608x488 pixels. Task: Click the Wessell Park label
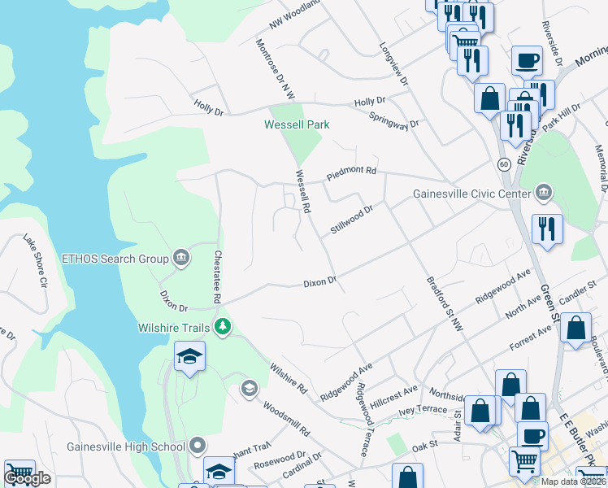point(297,124)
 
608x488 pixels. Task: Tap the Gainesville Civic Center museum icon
point(544,194)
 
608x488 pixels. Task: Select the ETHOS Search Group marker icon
point(181,259)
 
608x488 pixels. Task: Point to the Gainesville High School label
point(128,446)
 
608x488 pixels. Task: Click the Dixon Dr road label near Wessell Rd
point(319,282)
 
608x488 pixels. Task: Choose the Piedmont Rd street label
point(352,172)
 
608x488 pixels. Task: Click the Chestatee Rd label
point(217,277)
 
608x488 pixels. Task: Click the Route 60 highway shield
point(505,164)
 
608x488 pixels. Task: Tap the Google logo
point(27,478)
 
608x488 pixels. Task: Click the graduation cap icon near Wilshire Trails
point(189,356)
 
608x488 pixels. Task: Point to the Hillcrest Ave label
point(393,396)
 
